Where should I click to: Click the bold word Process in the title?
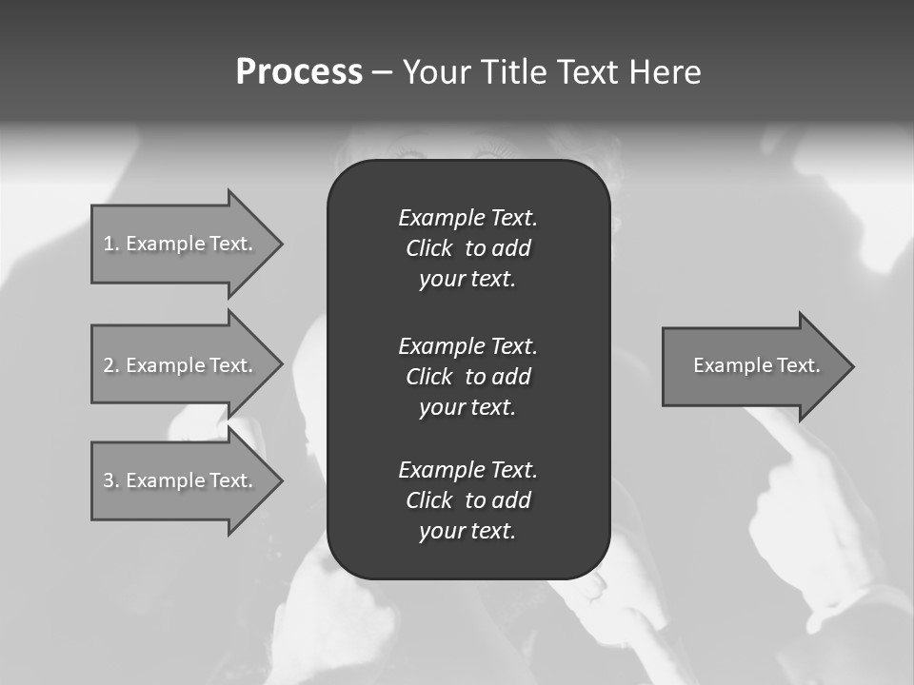tap(299, 72)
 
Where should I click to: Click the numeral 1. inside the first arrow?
tap(110, 244)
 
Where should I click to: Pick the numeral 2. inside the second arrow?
tap(110, 365)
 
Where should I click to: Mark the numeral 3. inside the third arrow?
tap(110, 480)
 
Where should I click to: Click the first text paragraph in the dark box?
tap(467, 248)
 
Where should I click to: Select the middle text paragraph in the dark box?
tap(467, 377)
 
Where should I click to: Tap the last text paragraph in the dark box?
tap(467, 500)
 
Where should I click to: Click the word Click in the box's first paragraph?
tap(429, 248)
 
